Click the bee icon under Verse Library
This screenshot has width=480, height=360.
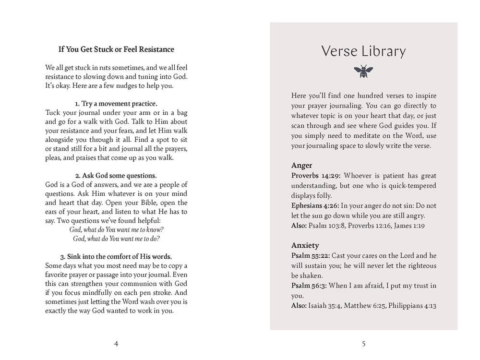click(363, 72)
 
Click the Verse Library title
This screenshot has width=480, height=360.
click(363, 51)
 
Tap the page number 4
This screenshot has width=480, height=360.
click(116, 343)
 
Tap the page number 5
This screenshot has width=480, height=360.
click(363, 343)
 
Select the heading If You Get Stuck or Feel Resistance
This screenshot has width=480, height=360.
click(116, 49)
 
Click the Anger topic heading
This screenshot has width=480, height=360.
click(302, 166)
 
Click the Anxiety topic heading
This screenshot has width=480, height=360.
click(305, 245)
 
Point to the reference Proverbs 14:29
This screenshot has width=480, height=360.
click(315, 176)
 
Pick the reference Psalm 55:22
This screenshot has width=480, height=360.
click(311, 255)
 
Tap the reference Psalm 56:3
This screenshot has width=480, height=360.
click(309, 286)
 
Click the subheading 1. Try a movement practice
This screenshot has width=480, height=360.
click(116, 103)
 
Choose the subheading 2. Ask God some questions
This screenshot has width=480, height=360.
click(116, 176)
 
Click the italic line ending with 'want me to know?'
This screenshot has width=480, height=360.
click(116, 229)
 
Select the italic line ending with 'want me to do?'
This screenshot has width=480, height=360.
click(116, 239)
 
